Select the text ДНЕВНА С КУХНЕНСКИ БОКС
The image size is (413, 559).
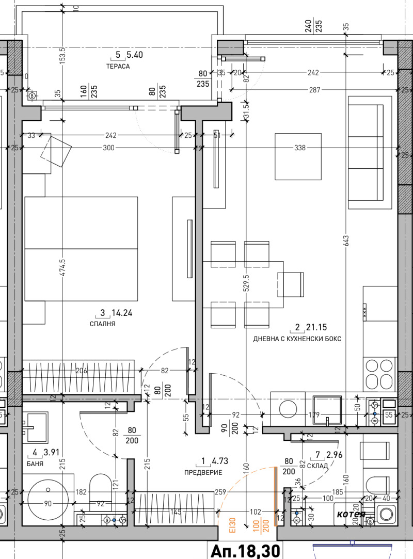tap(297, 339)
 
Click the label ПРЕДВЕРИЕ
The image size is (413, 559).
tap(203, 472)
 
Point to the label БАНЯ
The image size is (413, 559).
tap(36, 464)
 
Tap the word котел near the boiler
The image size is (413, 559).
tap(351, 514)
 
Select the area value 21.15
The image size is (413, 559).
tap(316, 327)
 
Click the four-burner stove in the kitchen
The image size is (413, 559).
tap(379, 374)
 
